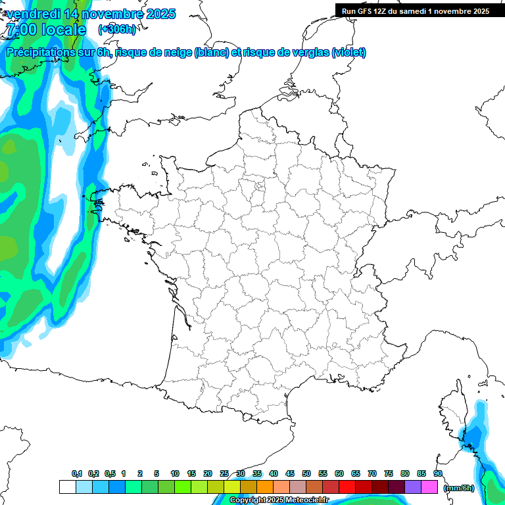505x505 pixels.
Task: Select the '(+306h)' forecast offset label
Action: [x=117, y=30]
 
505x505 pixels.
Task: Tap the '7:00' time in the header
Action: [x=21, y=30]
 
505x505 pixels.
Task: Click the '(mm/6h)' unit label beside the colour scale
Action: [x=459, y=488]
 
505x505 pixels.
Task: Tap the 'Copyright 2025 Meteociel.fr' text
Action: [x=279, y=500]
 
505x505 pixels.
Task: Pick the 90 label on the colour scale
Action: [x=437, y=473]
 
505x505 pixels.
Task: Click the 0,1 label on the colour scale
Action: [x=77, y=473]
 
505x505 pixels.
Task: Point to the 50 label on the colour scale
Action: [x=306, y=473]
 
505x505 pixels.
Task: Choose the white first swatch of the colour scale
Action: [x=67, y=487]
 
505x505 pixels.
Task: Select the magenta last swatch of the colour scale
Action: [x=429, y=487]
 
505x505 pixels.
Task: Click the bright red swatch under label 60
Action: [x=347, y=487]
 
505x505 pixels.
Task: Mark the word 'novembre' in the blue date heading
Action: [x=109, y=14]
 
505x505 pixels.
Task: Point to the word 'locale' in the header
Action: [x=63, y=30]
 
